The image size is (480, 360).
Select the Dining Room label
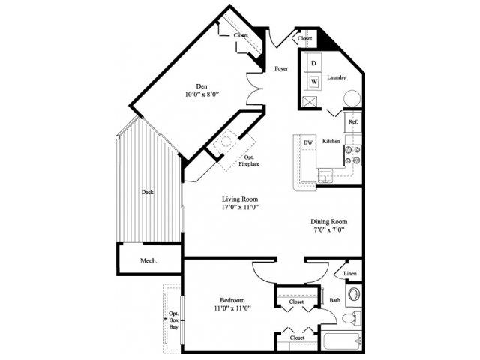pyautogui.click(x=329, y=222)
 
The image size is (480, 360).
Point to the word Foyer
pyautogui.click(x=281, y=68)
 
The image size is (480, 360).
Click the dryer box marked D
pyautogui.click(x=314, y=63)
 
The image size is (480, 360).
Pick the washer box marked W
pyautogui.click(x=314, y=80)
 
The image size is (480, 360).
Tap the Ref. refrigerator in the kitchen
pyautogui.click(x=352, y=121)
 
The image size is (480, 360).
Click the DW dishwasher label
pyautogui.click(x=307, y=142)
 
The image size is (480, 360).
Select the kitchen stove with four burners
pyautogui.click(x=352, y=154)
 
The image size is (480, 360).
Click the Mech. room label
pyautogui.click(x=148, y=262)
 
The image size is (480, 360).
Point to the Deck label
pyautogui.click(x=148, y=192)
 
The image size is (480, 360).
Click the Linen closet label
pyautogui.click(x=349, y=274)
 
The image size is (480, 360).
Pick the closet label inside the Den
pyautogui.click(x=241, y=34)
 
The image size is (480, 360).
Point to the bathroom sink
pyautogui.click(x=352, y=293)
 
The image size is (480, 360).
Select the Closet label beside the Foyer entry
pyautogui.click(x=304, y=37)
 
